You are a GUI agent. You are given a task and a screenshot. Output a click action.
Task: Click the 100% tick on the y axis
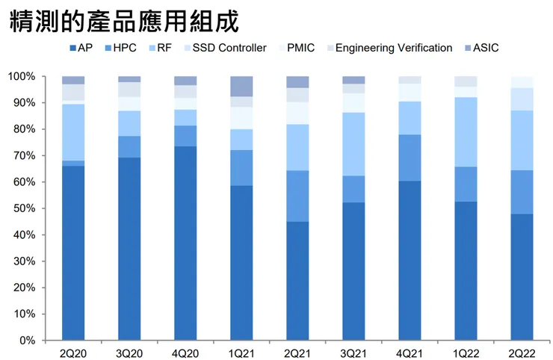pos(22,77)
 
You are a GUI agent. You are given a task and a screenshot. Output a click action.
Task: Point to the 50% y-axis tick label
pos(24,208)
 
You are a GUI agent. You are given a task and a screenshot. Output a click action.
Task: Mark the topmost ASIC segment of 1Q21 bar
pos(241,86)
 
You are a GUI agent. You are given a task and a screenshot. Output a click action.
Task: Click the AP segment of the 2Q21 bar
pos(297,281)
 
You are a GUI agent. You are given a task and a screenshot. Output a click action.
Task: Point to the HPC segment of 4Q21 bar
pos(410,158)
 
